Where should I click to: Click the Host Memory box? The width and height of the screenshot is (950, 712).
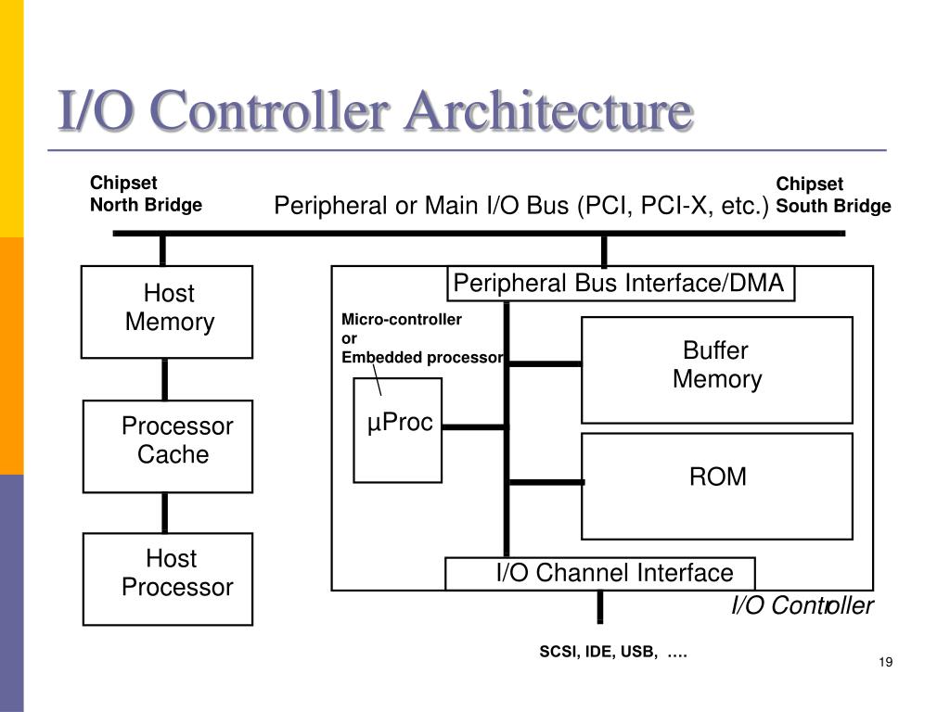(167, 311)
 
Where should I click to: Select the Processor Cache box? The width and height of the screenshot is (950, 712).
(168, 446)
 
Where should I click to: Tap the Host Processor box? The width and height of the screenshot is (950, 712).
(168, 578)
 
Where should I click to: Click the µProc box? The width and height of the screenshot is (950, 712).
(397, 430)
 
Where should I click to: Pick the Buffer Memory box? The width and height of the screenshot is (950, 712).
(716, 369)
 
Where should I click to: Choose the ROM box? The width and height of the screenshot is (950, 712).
(716, 486)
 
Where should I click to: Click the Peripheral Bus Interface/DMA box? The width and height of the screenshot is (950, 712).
(621, 284)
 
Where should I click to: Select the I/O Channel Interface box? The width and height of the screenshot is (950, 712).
(600, 573)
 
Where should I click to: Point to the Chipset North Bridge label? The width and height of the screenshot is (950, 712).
(146, 195)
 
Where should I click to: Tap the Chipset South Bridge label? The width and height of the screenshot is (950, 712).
(833, 195)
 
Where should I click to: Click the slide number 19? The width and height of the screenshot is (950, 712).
(884, 661)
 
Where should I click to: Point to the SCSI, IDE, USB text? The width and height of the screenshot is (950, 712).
(613, 653)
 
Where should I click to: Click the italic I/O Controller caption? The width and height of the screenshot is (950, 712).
(802, 606)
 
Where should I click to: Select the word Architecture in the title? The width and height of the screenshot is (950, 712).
(546, 112)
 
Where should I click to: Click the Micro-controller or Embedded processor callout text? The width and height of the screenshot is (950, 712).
(422, 338)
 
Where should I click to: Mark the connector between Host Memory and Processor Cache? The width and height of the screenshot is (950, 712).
(165, 379)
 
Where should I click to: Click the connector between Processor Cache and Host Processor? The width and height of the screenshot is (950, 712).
(165, 513)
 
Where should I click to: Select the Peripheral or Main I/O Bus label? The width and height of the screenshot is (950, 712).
(521, 205)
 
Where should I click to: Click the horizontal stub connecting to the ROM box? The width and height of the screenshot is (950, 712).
(546, 482)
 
